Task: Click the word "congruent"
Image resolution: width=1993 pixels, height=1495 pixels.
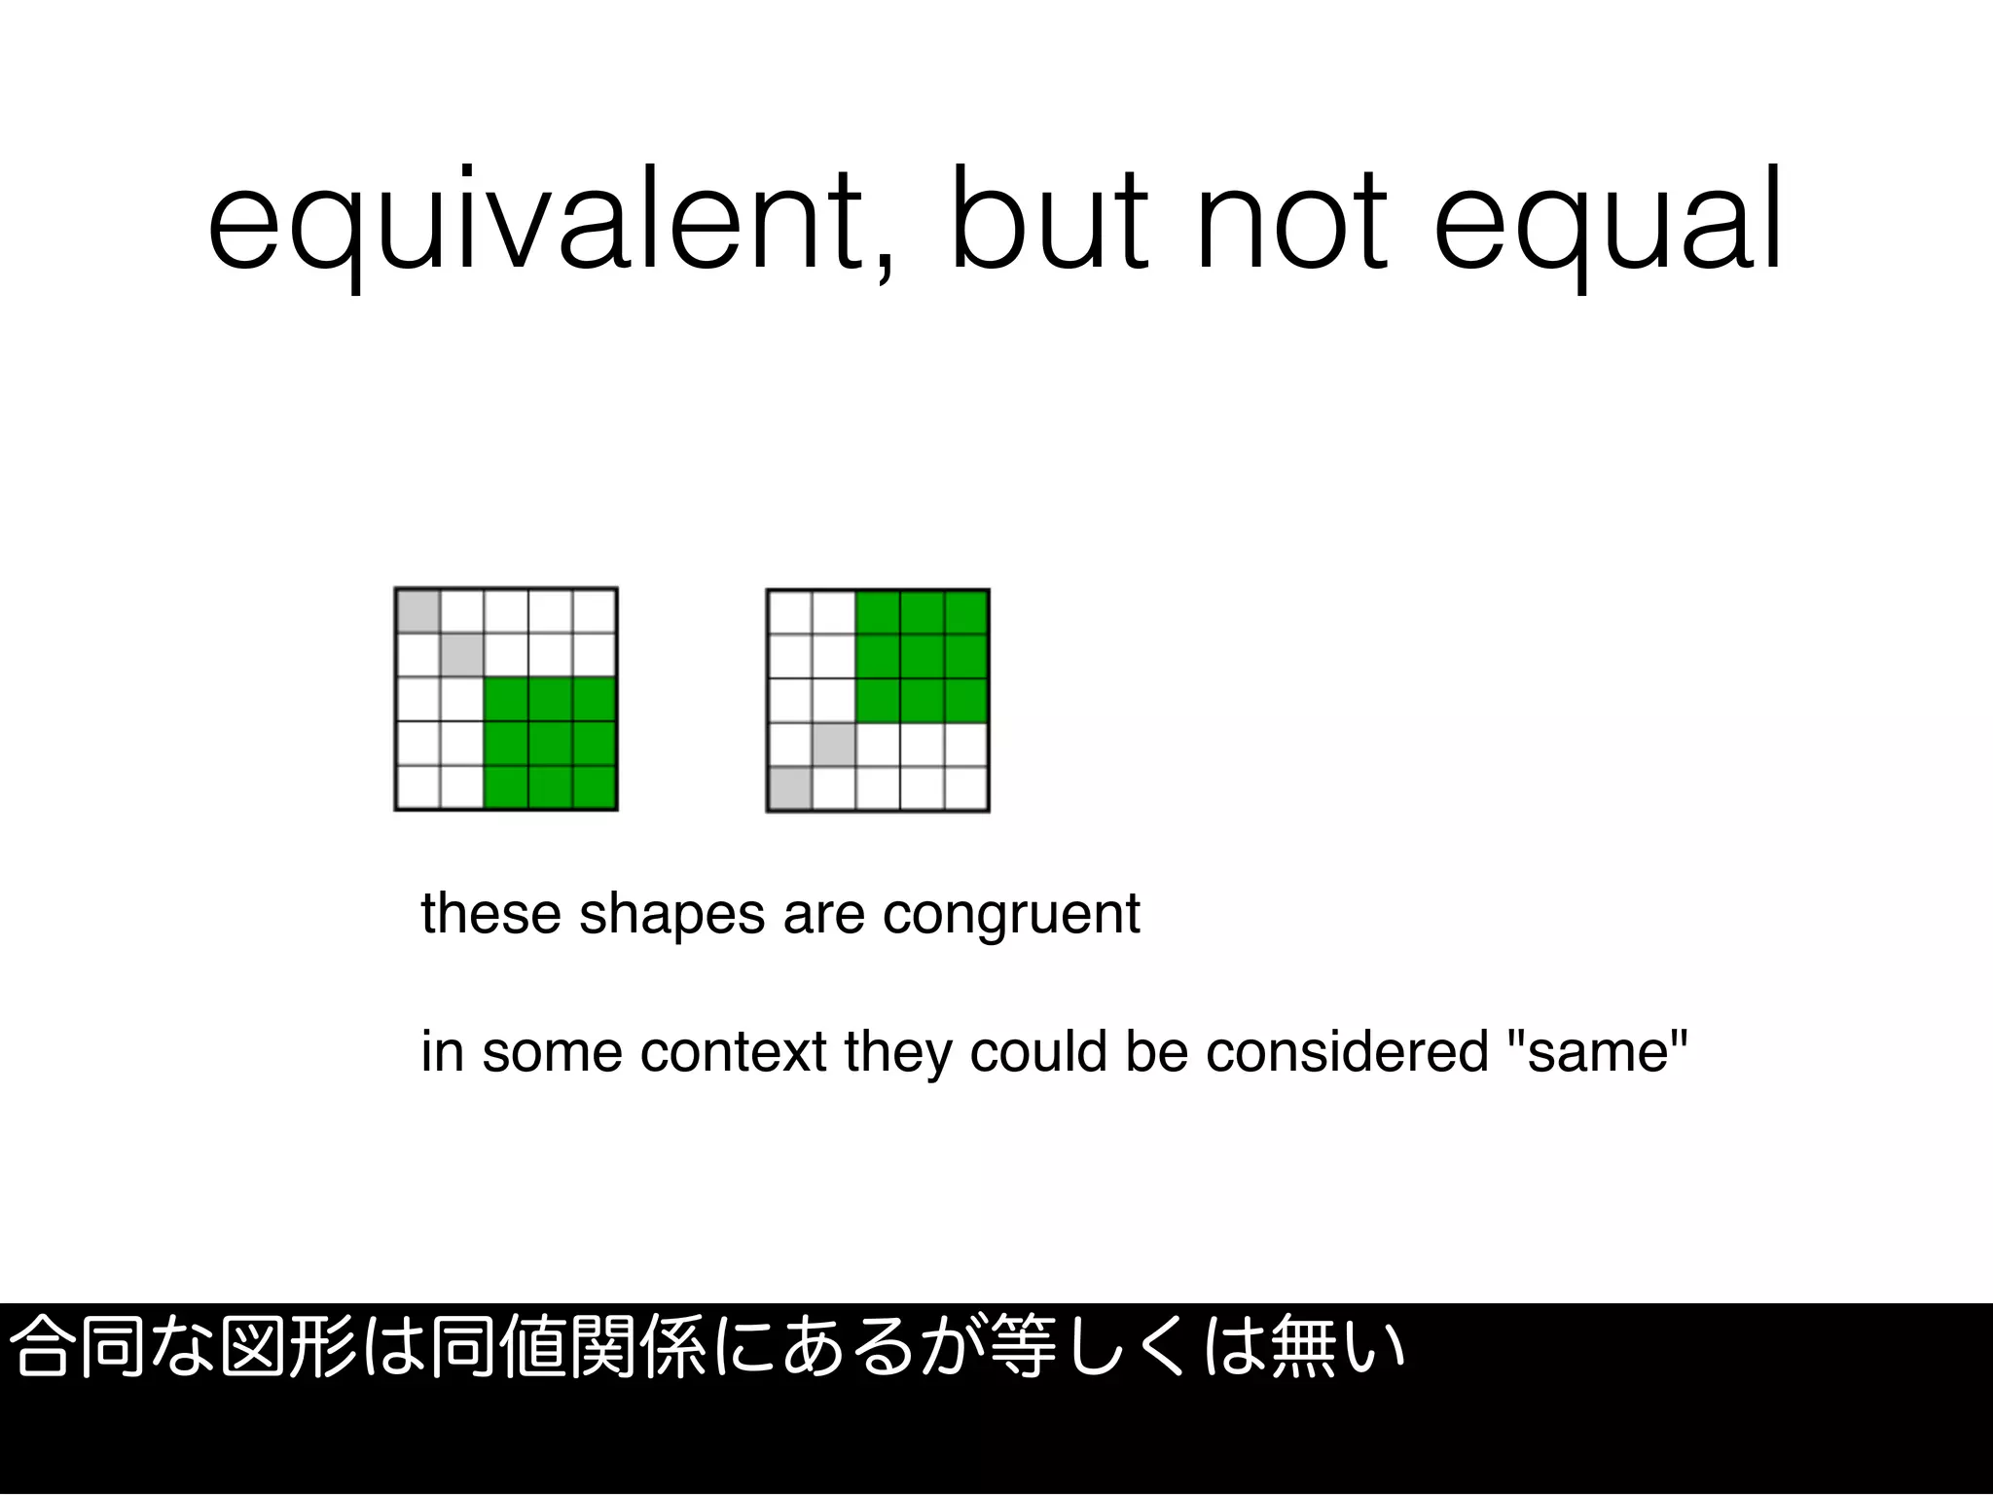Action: click(1011, 915)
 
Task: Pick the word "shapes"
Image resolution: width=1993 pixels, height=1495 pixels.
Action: click(671, 915)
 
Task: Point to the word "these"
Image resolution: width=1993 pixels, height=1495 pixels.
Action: click(490, 915)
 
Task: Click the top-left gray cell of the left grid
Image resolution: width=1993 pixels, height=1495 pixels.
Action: click(417, 611)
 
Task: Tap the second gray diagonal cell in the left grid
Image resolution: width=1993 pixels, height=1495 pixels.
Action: click(462, 655)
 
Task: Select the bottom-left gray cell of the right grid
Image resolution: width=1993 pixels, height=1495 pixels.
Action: click(789, 788)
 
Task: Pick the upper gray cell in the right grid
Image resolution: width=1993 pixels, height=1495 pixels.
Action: click(834, 745)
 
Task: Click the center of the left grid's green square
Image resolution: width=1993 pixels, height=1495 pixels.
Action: click(551, 744)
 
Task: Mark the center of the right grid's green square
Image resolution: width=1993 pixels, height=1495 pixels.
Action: click(923, 656)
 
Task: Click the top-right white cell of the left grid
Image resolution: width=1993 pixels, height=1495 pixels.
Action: click(595, 611)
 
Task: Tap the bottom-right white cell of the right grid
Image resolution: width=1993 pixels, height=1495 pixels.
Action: click(966, 788)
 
